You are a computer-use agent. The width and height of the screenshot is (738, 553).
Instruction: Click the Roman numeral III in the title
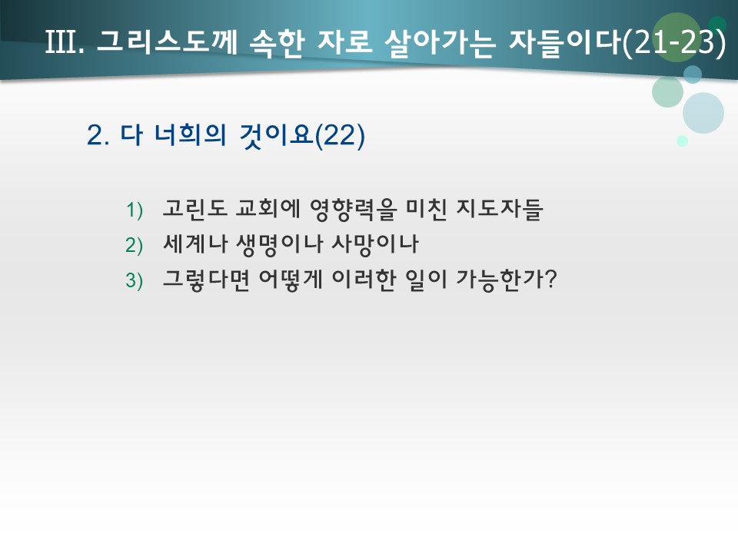pyautogui.click(x=64, y=43)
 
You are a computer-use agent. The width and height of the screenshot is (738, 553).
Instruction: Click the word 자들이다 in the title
pyautogui.click(x=564, y=43)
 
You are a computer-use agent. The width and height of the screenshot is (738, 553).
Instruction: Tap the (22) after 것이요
pyautogui.click(x=340, y=135)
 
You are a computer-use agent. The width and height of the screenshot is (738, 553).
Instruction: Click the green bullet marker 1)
pyautogui.click(x=135, y=210)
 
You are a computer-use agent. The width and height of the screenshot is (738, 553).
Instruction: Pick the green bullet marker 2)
pyautogui.click(x=135, y=246)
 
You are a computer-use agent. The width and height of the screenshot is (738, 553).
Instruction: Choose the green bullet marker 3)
pyautogui.click(x=135, y=282)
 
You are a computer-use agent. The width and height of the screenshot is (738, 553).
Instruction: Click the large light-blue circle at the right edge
pyautogui.click(x=703, y=113)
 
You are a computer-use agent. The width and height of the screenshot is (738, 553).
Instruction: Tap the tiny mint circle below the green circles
pyautogui.click(x=682, y=141)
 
